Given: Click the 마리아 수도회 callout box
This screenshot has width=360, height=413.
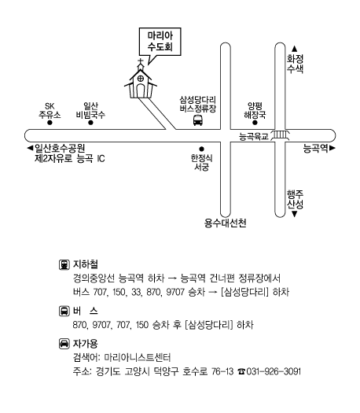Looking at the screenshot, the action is (160, 42).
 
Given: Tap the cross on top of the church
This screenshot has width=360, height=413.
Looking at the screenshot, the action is (141, 63).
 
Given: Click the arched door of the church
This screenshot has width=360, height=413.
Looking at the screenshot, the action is (141, 91).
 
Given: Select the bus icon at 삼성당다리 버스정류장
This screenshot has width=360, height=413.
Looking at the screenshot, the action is (198, 120).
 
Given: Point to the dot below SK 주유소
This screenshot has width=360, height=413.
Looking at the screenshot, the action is (50, 123).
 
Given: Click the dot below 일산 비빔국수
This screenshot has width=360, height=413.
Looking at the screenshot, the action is (90, 123).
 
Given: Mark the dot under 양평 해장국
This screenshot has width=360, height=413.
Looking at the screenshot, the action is (255, 123).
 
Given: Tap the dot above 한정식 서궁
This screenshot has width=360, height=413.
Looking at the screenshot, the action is (201, 149).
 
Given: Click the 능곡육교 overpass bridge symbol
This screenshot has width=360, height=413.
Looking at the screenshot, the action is (281, 135).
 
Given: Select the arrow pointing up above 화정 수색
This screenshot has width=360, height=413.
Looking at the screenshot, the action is (295, 49).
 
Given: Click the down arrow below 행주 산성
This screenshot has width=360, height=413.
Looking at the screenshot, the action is (295, 215).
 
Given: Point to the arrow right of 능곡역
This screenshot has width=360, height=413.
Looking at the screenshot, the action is (332, 148).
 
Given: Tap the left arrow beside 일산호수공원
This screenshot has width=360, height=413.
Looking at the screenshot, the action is (30, 148).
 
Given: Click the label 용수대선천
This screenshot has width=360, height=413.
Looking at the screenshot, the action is (226, 223).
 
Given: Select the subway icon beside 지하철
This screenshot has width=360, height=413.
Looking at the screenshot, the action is (64, 264).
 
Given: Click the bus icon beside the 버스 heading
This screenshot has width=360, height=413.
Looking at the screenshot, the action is (64, 311).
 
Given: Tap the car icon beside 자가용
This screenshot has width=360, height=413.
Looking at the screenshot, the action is (64, 344).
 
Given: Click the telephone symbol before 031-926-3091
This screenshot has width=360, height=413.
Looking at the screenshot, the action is (241, 371).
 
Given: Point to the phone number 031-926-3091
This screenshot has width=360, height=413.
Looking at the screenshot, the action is (274, 371).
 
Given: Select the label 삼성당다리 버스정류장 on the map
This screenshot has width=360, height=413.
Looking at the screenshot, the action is (198, 104).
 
